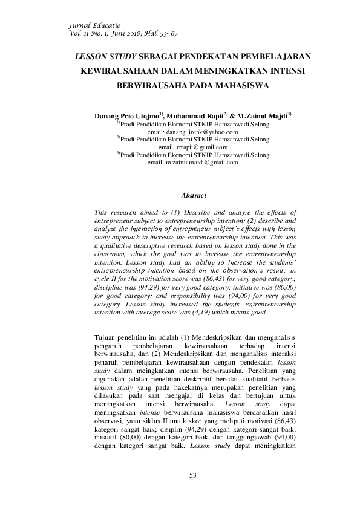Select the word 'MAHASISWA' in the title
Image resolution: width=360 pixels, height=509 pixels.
click(238, 85)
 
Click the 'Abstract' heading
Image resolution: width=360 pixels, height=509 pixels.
click(194, 195)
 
